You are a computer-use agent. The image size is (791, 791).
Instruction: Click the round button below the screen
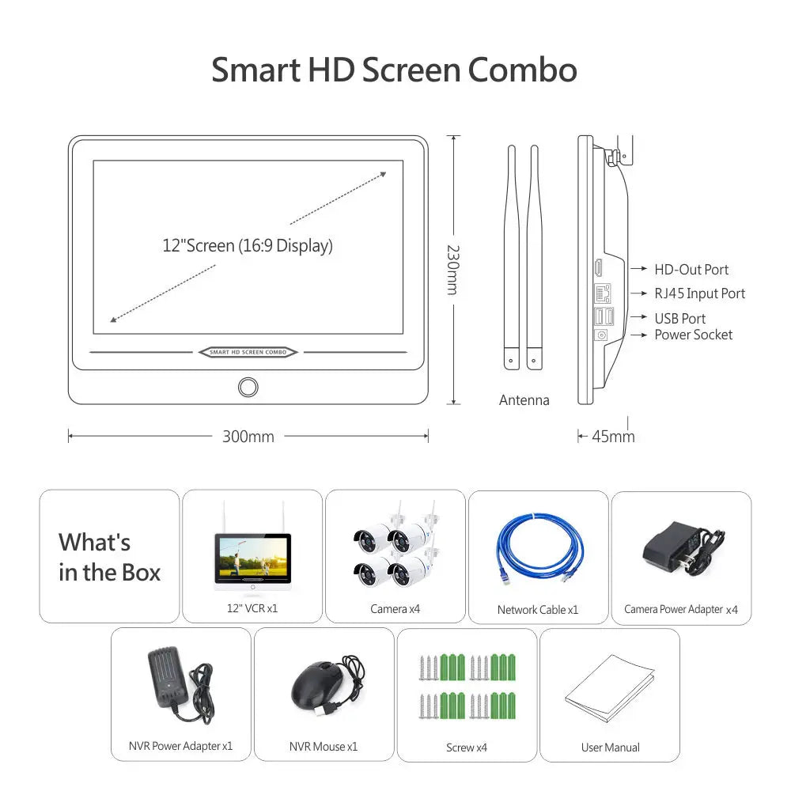coord(248,387)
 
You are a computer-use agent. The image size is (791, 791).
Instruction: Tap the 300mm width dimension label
coord(248,437)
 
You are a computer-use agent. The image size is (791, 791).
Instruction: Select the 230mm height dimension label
coord(453,270)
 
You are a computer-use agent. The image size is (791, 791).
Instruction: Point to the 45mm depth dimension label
coord(613,437)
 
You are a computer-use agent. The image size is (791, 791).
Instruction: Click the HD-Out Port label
coord(691,270)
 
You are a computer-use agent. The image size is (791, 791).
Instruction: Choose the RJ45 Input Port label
coord(700,293)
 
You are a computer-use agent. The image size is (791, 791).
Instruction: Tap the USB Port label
coord(679,318)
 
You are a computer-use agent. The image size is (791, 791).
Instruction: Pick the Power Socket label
coord(693,335)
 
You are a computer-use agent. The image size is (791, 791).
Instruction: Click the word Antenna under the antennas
coord(524,400)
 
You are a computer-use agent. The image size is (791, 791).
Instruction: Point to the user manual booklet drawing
coord(609,688)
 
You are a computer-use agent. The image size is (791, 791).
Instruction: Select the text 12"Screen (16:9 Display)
coord(248,246)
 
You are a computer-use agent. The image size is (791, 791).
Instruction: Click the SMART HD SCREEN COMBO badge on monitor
coord(248,352)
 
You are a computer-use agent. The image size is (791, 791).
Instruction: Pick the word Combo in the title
coord(523,70)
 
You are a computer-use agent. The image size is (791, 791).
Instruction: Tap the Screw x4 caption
coord(467,747)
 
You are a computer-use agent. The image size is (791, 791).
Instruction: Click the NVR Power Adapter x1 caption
coord(180,746)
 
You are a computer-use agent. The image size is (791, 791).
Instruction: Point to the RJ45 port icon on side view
coord(603,293)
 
